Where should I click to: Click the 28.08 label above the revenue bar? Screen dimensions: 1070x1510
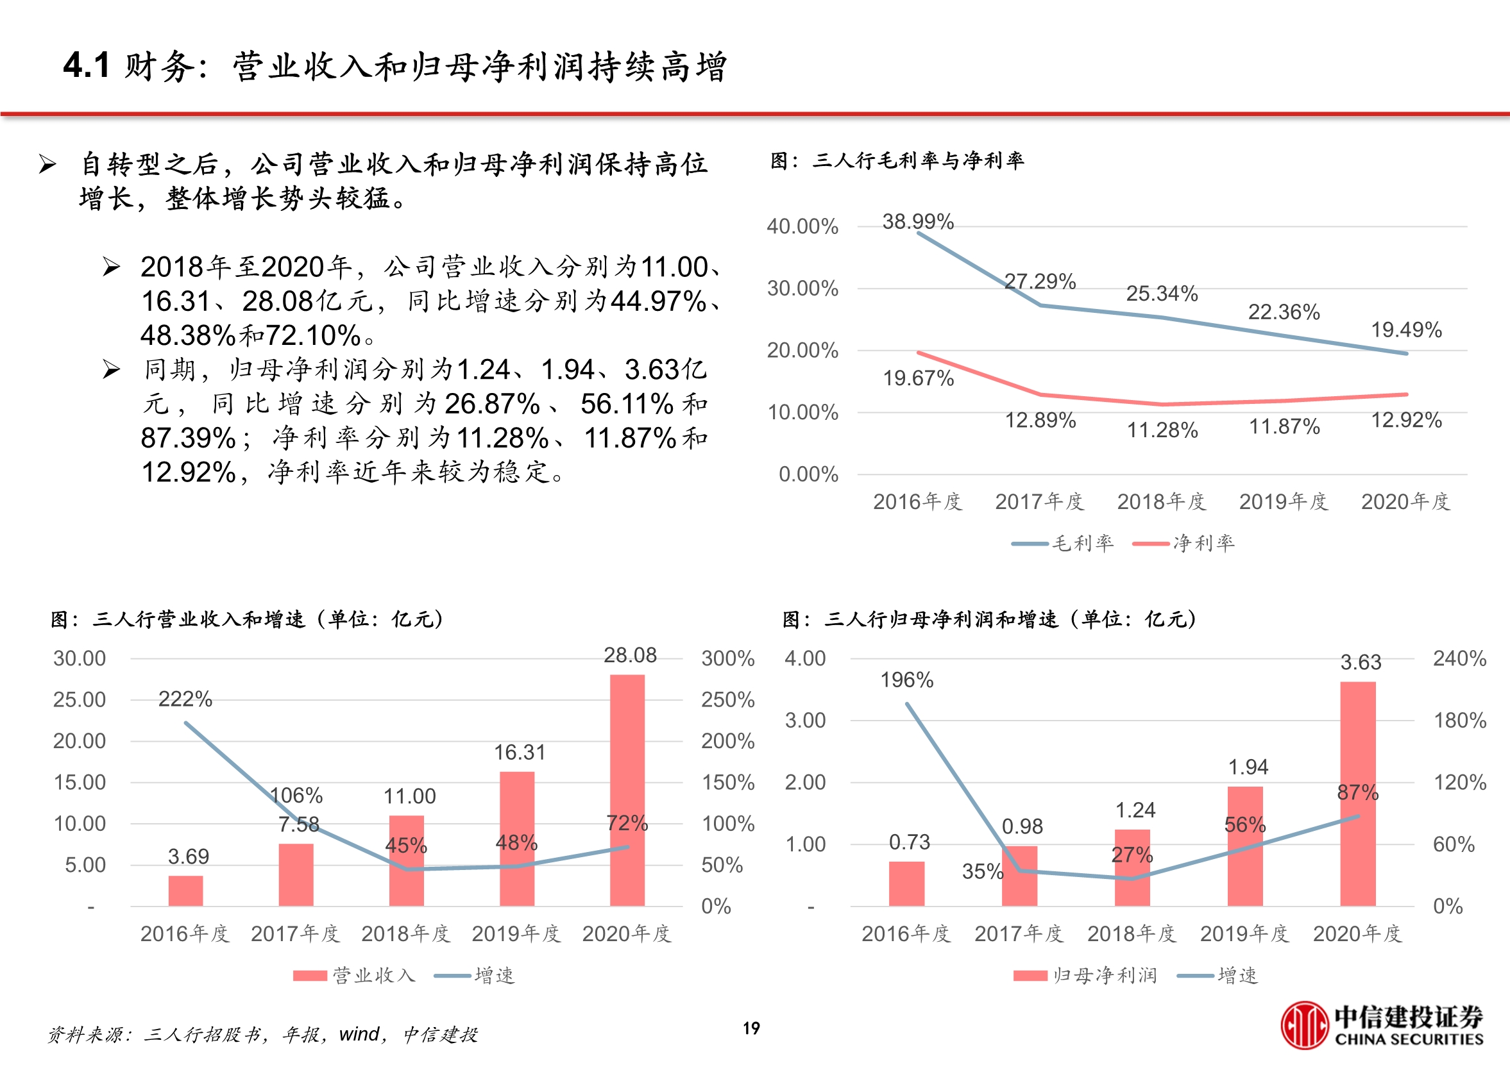(x=630, y=655)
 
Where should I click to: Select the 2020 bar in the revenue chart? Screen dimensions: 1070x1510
(x=627, y=790)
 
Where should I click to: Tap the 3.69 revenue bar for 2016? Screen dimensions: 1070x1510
(x=186, y=890)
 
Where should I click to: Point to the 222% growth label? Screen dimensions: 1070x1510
(x=185, y=699)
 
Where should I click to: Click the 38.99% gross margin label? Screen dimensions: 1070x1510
(x=918, y=221)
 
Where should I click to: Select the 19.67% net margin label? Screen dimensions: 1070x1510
(x=918, y=378)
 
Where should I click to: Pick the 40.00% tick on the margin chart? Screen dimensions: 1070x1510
(x=802, y=227)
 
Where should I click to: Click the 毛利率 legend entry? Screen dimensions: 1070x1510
(x=1063, y=544)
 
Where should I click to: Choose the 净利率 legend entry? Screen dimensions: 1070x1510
(x=1183, y=544)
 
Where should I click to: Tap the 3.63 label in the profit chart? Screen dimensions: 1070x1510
(x=1361, y=662)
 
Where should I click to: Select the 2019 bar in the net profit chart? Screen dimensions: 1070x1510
(x=1245, y=847)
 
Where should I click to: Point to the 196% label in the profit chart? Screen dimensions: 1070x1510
(x=907, y=680)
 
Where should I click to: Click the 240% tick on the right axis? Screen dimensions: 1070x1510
(x=1459, y=658)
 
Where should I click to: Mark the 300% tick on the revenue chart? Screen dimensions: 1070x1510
(x=727, y=658)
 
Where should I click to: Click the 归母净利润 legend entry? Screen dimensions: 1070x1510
(x=1085, y=976)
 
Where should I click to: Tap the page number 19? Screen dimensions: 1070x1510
(x=751, y=1028)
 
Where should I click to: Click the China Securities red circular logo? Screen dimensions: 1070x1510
(x=1303, y=1025)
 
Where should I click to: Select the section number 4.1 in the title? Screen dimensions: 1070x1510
(x=87, y=66)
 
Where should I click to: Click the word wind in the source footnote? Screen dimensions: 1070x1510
(x=359, y=1035)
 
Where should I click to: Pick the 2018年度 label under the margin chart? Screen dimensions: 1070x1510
(x=1161, y=502)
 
